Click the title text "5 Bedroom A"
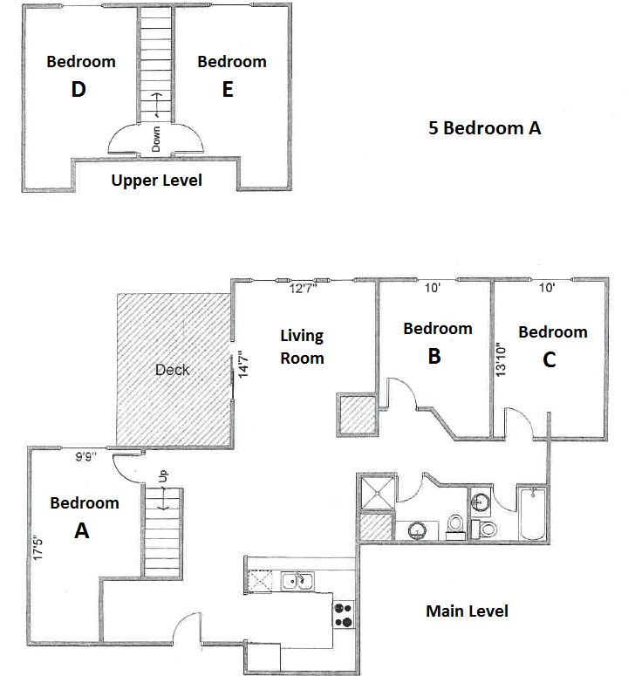(485, 128)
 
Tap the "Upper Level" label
(157, 181)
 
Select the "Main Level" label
(467, 611)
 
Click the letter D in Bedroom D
(79, 90)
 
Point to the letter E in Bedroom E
(228, 90)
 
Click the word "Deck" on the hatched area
(172, 369)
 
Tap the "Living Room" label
(302, 346)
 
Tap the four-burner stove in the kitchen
(344, 615)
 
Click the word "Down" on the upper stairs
(156, 137)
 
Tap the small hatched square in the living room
(356, 413)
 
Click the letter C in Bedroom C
(549, 359)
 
